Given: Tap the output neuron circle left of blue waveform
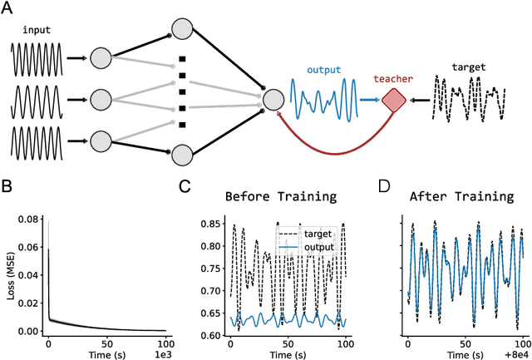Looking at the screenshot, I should tap(274, 100).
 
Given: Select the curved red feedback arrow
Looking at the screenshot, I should tap(332, 151).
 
